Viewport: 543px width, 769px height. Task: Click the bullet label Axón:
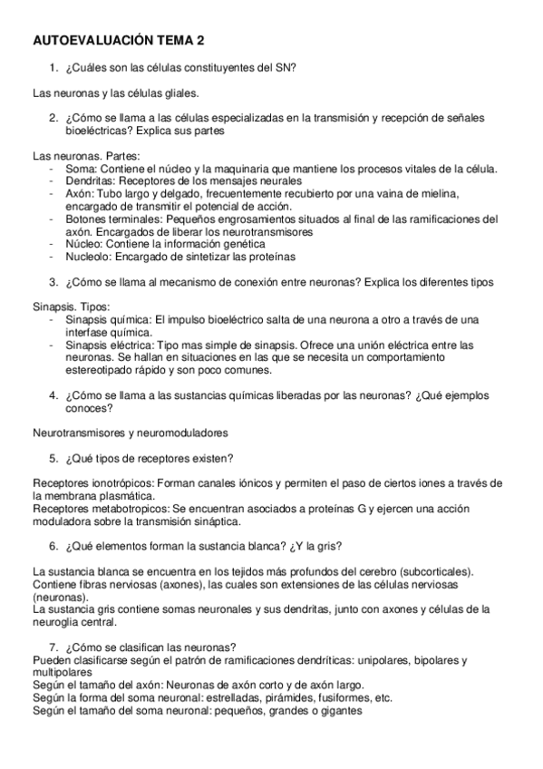click(81, 194)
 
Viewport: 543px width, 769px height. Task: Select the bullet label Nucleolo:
click(90, 258)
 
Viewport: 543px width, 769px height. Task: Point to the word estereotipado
click(102, 371)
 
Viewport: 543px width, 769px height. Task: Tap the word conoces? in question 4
click(88, 408)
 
